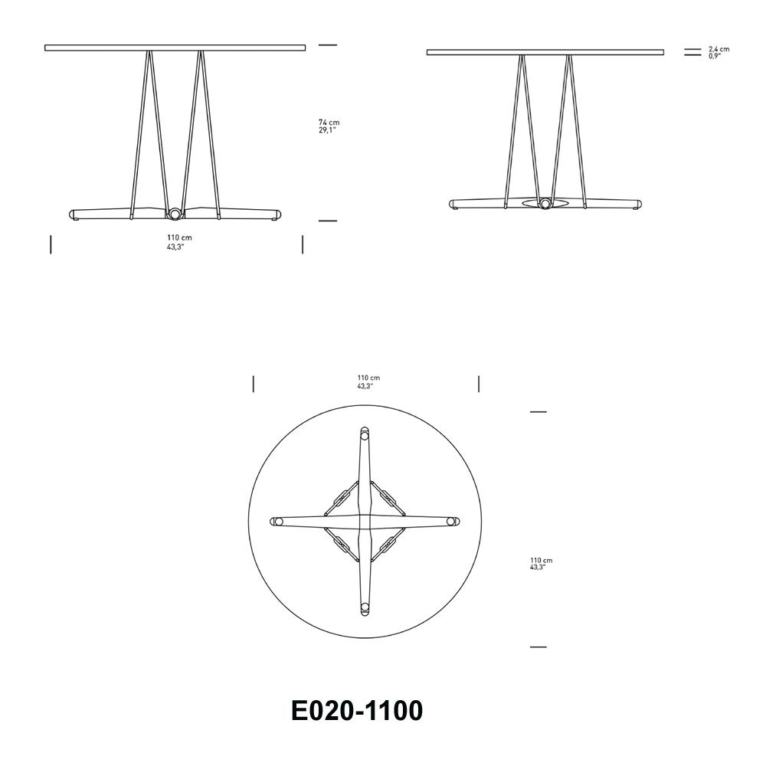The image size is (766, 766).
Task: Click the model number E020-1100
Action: tap(357, 711)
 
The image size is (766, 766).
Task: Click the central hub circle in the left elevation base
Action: tap(175, 214)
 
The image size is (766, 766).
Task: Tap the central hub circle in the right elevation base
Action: tap(545, 204)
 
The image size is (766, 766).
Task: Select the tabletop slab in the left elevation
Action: tap(175, 47)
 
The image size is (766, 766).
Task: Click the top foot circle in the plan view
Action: tap(365, 434)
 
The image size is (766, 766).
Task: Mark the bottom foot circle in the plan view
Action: tap(365, 609)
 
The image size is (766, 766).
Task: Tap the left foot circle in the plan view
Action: tap(278, 522)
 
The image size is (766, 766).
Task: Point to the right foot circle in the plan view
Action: tap(453, 522)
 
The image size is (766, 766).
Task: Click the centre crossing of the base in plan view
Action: tap(365, 522)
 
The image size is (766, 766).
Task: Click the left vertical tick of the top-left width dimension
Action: tap(51, 244)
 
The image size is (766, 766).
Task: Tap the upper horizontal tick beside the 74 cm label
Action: tap(328, 45)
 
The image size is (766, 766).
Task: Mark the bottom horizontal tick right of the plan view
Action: tap(538, 647)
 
